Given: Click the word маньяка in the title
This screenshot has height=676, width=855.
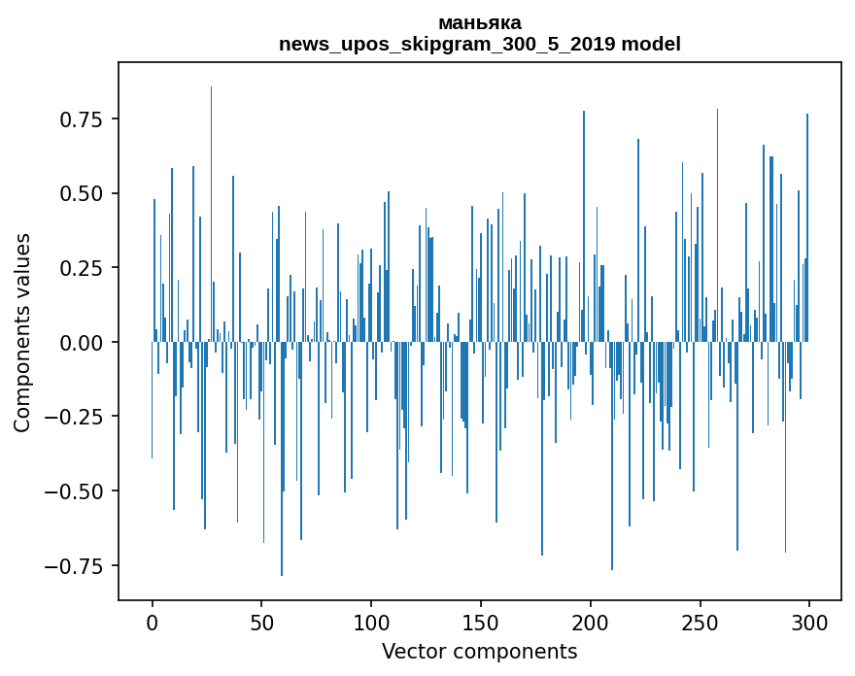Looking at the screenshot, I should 480,23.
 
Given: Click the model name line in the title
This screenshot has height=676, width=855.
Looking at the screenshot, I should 480,45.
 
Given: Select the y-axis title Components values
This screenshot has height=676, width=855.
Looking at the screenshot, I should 22,332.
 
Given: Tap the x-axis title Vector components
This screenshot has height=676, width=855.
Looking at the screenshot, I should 480,652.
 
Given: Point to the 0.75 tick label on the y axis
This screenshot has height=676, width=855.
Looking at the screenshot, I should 81,119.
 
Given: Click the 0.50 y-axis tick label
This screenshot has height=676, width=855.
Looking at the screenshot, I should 81,193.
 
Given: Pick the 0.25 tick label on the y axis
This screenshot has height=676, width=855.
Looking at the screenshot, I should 81,268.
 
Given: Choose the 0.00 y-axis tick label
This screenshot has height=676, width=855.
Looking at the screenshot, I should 81,342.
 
